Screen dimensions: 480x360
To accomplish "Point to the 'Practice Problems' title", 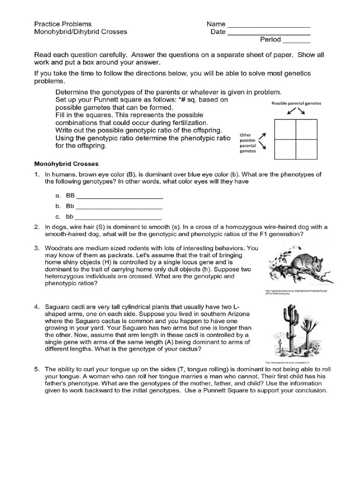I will click(63, 24).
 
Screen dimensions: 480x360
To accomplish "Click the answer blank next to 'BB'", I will click(119, 197).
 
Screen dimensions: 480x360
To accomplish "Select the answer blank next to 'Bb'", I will click(119, 207).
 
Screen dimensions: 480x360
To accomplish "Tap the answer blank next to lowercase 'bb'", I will click(119, 217).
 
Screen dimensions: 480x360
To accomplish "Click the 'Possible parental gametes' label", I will click(296, 104).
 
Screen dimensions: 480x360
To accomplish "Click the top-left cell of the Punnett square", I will click(285, 130).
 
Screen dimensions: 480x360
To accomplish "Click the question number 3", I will click(36, 248).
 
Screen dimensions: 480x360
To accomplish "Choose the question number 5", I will click(36, 369).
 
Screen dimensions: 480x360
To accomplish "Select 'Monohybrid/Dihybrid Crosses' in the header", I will click(80, 32).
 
